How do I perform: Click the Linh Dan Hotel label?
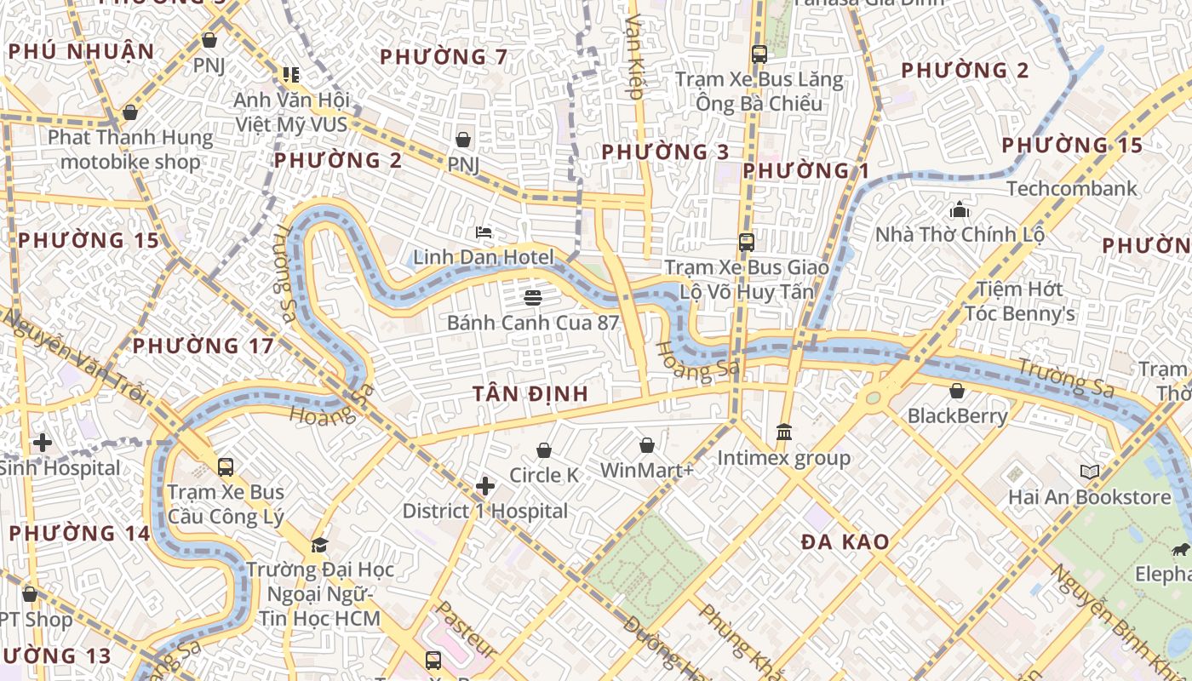coord(484,257)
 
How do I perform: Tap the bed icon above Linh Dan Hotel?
coord(484,232)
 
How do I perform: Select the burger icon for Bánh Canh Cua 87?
coord(533,297)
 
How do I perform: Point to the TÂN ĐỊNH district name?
coord(530,393)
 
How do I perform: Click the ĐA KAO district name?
coord(845,541)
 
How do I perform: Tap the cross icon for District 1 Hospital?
coord(485,486)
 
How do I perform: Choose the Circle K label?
coord(543,475)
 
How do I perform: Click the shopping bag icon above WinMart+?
coord(647,445)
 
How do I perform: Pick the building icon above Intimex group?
coord(784,432)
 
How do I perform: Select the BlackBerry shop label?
coord(957,416)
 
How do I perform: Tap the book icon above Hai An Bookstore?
coord(1090,472)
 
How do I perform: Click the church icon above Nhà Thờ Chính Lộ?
coord(960,209)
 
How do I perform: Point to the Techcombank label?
coord(1071,188)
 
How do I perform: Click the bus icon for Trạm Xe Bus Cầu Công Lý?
coord(226,466)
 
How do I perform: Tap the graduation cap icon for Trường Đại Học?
coord(319,545)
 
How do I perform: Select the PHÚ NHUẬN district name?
coord(82,52)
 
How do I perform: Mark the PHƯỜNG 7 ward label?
coord(444,57)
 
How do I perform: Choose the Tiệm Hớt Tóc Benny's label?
coord(1019,301)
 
